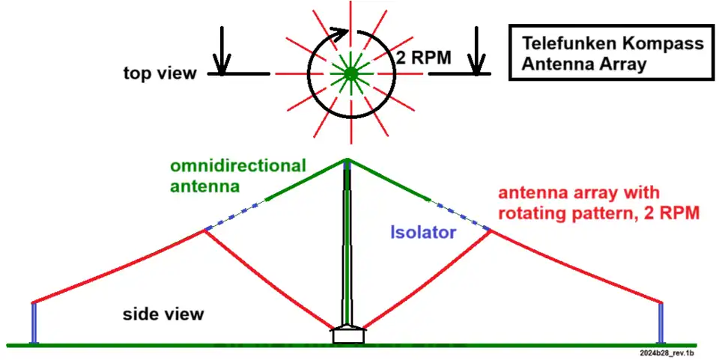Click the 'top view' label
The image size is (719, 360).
160,73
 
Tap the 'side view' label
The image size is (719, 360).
163,314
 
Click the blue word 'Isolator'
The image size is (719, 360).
422,233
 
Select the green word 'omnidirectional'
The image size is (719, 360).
239,165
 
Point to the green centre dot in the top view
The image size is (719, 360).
349,73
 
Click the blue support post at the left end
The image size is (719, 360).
34,323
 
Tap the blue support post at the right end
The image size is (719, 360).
661,323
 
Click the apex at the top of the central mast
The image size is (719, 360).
348,159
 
